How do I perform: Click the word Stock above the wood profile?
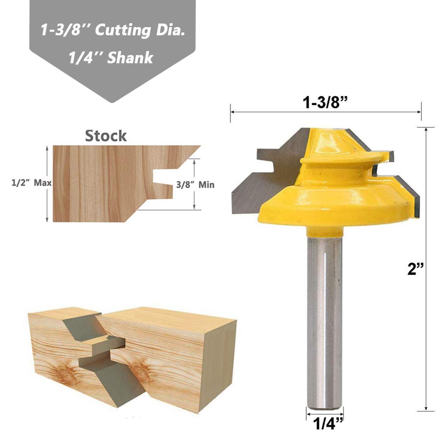(106, 136)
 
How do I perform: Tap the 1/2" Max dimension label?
(32, 183)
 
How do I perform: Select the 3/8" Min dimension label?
(195, 185)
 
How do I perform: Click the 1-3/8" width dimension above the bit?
(325, 102)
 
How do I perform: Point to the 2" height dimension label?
(416, 269)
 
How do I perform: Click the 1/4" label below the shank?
(328, 424)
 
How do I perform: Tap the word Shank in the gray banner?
(131, 58)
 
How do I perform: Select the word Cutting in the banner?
(123, 31)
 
